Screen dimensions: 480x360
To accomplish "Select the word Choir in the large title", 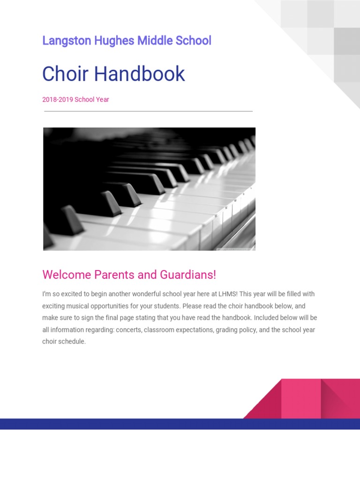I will [66, 74].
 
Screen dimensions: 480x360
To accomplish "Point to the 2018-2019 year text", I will [57, 99].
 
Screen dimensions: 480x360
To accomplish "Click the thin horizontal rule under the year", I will [148, 111].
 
